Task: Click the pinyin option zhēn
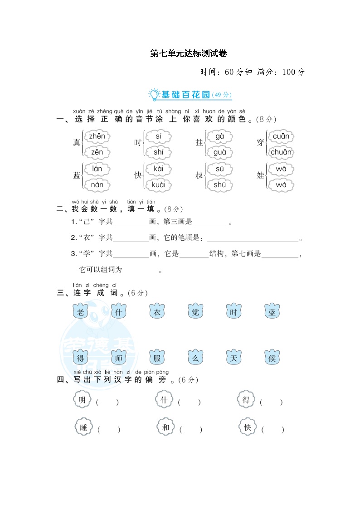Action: [x=97, y=136]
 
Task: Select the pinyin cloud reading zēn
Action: [x=97, y=152]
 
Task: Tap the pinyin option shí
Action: [x=158, y=152]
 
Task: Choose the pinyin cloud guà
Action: [x=220, y=152]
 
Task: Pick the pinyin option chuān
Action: [x=281, y=152]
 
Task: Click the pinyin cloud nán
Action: [x=97, y=184]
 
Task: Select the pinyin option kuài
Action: [x=158, y=184]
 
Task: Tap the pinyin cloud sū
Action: [x=220, y=169]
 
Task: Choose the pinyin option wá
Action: [x=281, y=184]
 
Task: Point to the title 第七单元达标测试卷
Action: [x=188, y=53]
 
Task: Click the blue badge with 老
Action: [x=80, y=312]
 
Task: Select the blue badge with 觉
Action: [x=195, y=312]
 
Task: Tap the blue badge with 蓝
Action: [x=272, y=312]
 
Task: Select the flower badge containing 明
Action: [x=82, y=400]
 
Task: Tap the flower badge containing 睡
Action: [x=83, y=427]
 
